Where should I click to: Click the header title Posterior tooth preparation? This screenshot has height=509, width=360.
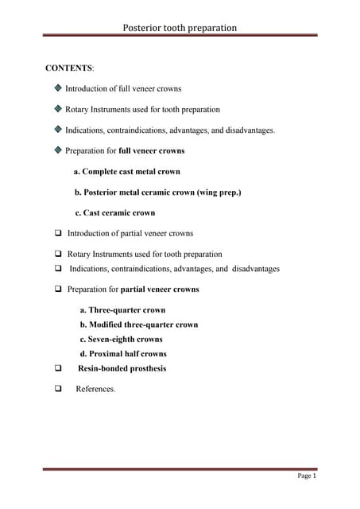(x=180, y=27)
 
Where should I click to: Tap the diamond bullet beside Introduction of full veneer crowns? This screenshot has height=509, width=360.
(x=58, y=89)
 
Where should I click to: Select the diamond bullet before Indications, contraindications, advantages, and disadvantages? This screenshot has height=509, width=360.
(x=58, y=129)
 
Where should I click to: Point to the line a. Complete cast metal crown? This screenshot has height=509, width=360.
(x=127, y=171)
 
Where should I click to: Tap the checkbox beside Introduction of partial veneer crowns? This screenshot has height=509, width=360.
(x=59, y=233)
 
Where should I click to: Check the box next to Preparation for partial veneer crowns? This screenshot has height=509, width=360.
(x=59, y=289)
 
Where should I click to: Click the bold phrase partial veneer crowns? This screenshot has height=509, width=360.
(x=160, y=289)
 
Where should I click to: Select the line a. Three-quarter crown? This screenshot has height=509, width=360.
(x=122, y=310)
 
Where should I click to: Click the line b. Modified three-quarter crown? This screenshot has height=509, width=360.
(x=139, y=324)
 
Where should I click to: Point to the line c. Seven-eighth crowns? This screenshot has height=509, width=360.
(x=121, y=339)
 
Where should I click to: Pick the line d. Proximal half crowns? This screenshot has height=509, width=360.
(x=123, y=353)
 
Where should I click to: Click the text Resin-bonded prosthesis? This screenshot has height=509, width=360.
(x=122, y=368)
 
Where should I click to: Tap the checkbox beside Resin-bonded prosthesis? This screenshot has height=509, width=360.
(x=59, y=369)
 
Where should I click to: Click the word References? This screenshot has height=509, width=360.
(x=95, y=389)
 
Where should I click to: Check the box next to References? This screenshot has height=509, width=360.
(x=59, y=389)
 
